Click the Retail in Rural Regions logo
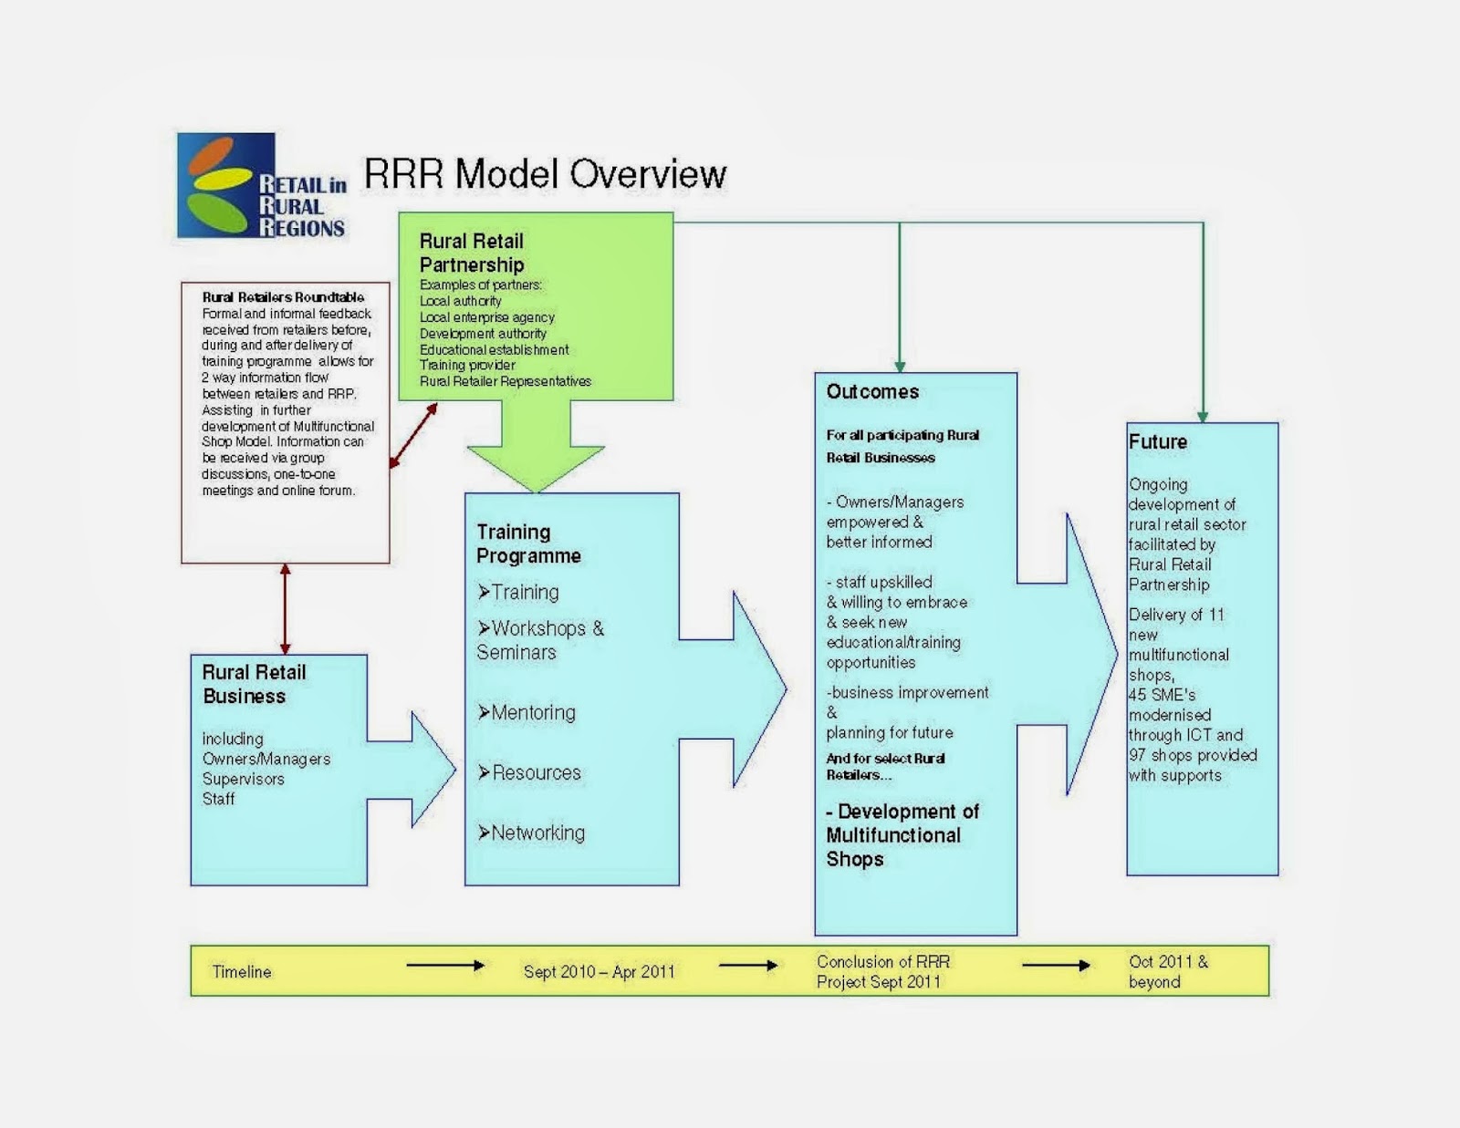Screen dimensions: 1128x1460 (x=261, y=186)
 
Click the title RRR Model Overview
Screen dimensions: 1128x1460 (x=545, y=173)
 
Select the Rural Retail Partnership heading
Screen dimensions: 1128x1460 (x=471, y=253)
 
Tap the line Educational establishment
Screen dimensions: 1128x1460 (x=494, y=349)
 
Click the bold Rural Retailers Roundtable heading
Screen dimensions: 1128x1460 (x=283, y=297)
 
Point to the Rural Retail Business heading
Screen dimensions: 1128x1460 (x=253, y=684)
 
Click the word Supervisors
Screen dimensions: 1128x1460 (x=243, y=779)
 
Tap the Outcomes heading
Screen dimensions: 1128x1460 (x=872, y=392)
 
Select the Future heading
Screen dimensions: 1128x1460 (x=1157, y=442)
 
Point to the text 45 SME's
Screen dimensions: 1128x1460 (x=1162, y=695)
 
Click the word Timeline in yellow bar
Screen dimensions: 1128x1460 (x=242, y=972)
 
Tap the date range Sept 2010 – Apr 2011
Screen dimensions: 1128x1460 (x=599, y=972)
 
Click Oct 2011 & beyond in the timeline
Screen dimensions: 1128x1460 (x=1167, y=972)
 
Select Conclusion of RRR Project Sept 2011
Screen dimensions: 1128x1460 (x=881, y=972)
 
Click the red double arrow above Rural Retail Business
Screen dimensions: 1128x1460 (x=285, y=608)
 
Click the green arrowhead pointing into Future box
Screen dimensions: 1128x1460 (x=1203, y=416)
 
